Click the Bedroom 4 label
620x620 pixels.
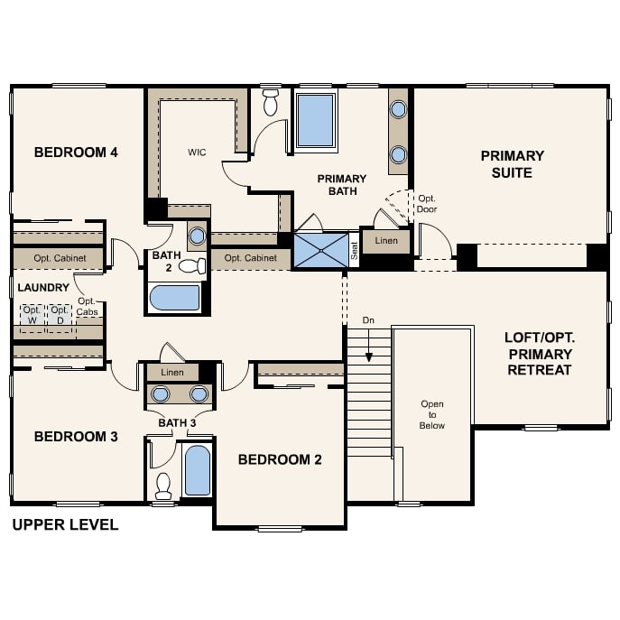(x=76, y=153)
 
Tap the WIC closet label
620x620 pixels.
(x=197, y=153)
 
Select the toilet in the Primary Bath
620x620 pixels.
(x=271, y=102)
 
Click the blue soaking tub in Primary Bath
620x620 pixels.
(x=316, y=120)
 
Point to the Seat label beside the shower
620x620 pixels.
(x=354, y=251)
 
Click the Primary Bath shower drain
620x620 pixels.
(x=321, y=251)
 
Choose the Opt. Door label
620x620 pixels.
(x=427, y=204)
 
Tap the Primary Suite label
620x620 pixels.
(x=512, y=164)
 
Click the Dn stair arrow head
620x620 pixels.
(x=368, y=358)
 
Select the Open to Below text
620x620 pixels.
(x=432, y=415)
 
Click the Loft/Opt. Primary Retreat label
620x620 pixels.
(x=540, y=354)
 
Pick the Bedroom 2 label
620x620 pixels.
(x=280, y=459)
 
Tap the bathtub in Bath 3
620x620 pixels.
(x=198, y=470)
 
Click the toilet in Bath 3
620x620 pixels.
(x=163, y=486)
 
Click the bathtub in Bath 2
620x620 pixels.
(x=175, y=298)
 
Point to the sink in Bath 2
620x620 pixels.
(x=197, y=236)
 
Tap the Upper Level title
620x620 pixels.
(x=65, y=524)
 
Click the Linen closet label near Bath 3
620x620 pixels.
(x=172, y=372)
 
